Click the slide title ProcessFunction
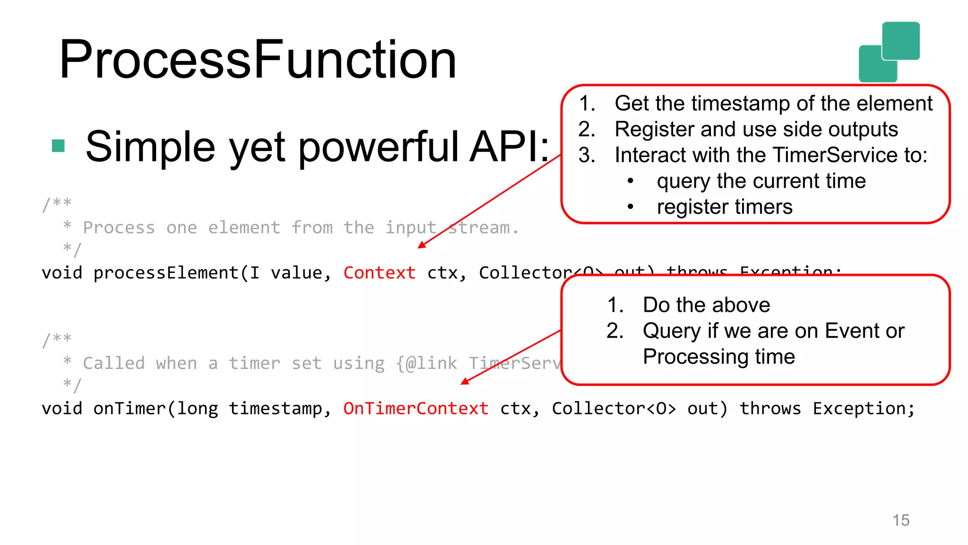click(258, 60)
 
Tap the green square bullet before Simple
click(58, 146)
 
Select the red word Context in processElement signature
click(379, 273)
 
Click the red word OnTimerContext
click(415, 409)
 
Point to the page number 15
click(900, 520)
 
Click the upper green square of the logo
click(900, 41)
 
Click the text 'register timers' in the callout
click(724, 207)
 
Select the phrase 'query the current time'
click(761, 181)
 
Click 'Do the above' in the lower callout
click(706, 305)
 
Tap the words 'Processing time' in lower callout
click(718, 357)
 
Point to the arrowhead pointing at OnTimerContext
click(465, 381)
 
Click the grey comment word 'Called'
click(114, 363)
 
